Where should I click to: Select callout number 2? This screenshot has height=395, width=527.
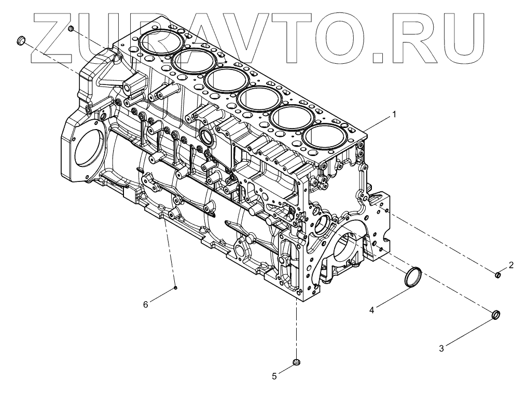(511, 265)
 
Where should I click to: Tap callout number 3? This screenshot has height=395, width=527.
(441, 349)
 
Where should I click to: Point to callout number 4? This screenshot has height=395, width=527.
(372, 311)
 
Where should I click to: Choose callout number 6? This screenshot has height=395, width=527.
(146, 305)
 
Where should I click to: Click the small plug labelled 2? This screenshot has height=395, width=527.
(497, 275)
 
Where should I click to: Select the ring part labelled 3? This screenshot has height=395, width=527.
(496, 314)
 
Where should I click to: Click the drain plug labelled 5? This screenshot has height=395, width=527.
(297, 361)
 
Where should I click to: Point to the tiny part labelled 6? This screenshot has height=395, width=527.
(176, 287)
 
